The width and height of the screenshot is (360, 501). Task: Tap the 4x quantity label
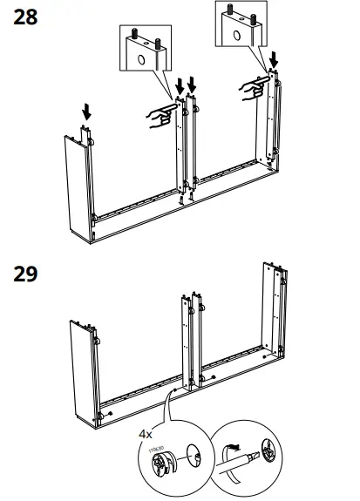point(146,432)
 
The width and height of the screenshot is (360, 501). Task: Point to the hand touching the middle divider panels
point(160,116)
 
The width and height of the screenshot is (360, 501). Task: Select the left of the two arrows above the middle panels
point(180,86)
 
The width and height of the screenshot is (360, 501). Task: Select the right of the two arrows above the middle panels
point(193,85)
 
